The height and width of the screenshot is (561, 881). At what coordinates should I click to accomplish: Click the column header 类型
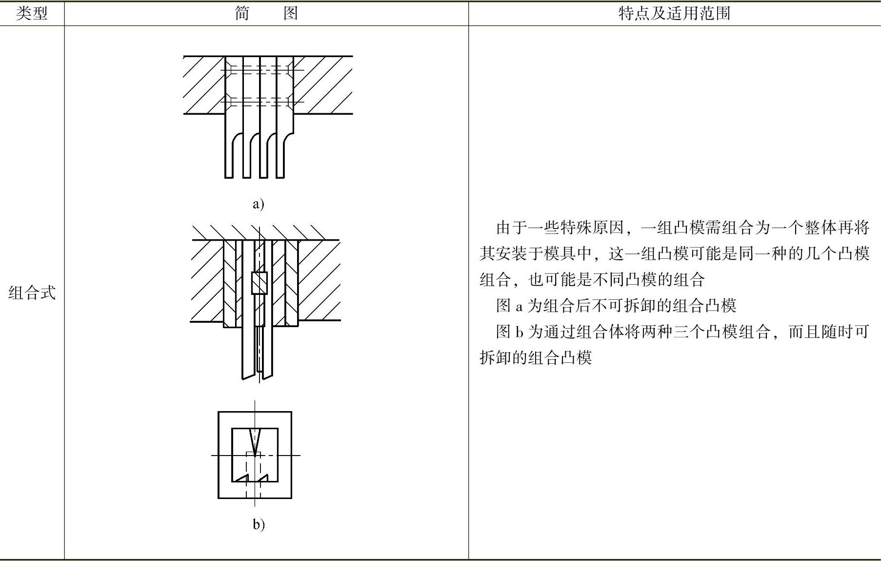click(x=32, y=13)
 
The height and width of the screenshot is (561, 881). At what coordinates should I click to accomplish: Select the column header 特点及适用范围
click(x=674, y=13)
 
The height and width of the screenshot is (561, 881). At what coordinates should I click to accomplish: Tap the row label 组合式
click(x=32, y=293)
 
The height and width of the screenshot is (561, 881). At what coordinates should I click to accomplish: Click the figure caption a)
click(x=258, y=204)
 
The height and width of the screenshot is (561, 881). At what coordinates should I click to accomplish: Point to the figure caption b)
click(x=259, y=524)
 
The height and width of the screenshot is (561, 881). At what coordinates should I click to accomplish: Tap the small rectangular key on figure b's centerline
click(x=260, y=283)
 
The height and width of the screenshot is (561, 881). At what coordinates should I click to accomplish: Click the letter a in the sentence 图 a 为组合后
click(x=519, y=306)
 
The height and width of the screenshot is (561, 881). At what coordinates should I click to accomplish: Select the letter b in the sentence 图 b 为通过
click(x=519, y=332)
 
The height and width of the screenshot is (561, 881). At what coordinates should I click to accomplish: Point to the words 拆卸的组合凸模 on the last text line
click(x=536, y=358)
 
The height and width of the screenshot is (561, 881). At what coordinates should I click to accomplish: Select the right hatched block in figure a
click(x=323, y=85)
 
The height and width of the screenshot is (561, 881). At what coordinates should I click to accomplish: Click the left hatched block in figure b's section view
click(x=207, y=281)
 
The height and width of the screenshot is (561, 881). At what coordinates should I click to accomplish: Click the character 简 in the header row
click(x=242, y=13)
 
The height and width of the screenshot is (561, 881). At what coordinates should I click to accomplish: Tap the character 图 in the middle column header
click(x=291, y=13)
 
